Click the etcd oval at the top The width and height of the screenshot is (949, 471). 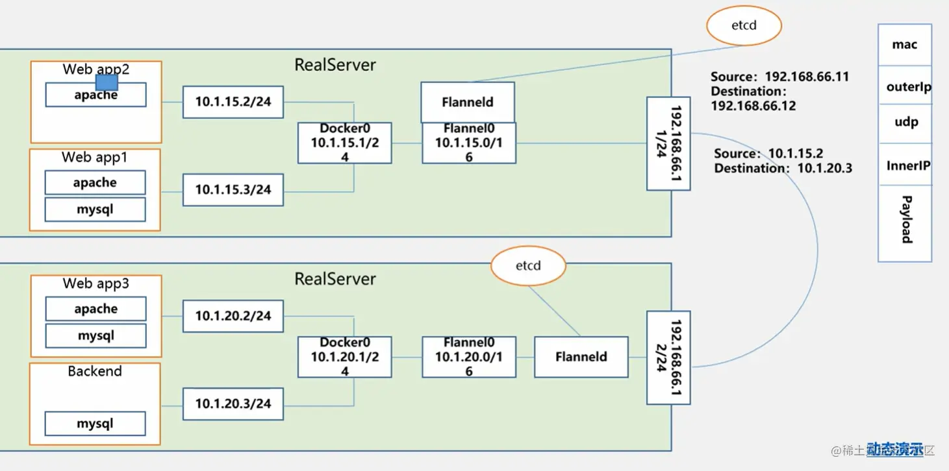tap(744, 26)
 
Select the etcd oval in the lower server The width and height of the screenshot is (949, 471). tap(527, 266)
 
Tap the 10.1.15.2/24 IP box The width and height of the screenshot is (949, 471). tap(233, 103)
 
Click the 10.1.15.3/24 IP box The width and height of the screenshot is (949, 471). tap(233, 190)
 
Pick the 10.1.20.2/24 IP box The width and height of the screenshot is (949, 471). tap(233, 316)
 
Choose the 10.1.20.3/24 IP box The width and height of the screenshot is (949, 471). tap(233, 404)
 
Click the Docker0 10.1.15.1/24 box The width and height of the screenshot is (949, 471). tap(345, 143)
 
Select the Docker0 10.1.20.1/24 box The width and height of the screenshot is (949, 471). tap(345, 357)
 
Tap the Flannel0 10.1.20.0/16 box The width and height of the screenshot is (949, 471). tap(468, 357)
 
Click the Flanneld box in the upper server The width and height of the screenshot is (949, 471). tap(468, 102)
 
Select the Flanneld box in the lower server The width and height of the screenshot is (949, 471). tap(581, 357)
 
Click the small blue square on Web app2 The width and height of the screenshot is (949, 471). tap(107, 82)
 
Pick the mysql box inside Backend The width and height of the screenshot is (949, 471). tap(95, 424)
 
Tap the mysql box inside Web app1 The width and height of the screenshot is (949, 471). tap(95, 209)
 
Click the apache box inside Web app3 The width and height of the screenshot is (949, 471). tap(95, 309)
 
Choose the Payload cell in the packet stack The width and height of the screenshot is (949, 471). tap(905, 221)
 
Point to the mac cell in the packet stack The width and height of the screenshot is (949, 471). tap(905, 45)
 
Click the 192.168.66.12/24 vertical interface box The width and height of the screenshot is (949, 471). tap(668, 357)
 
